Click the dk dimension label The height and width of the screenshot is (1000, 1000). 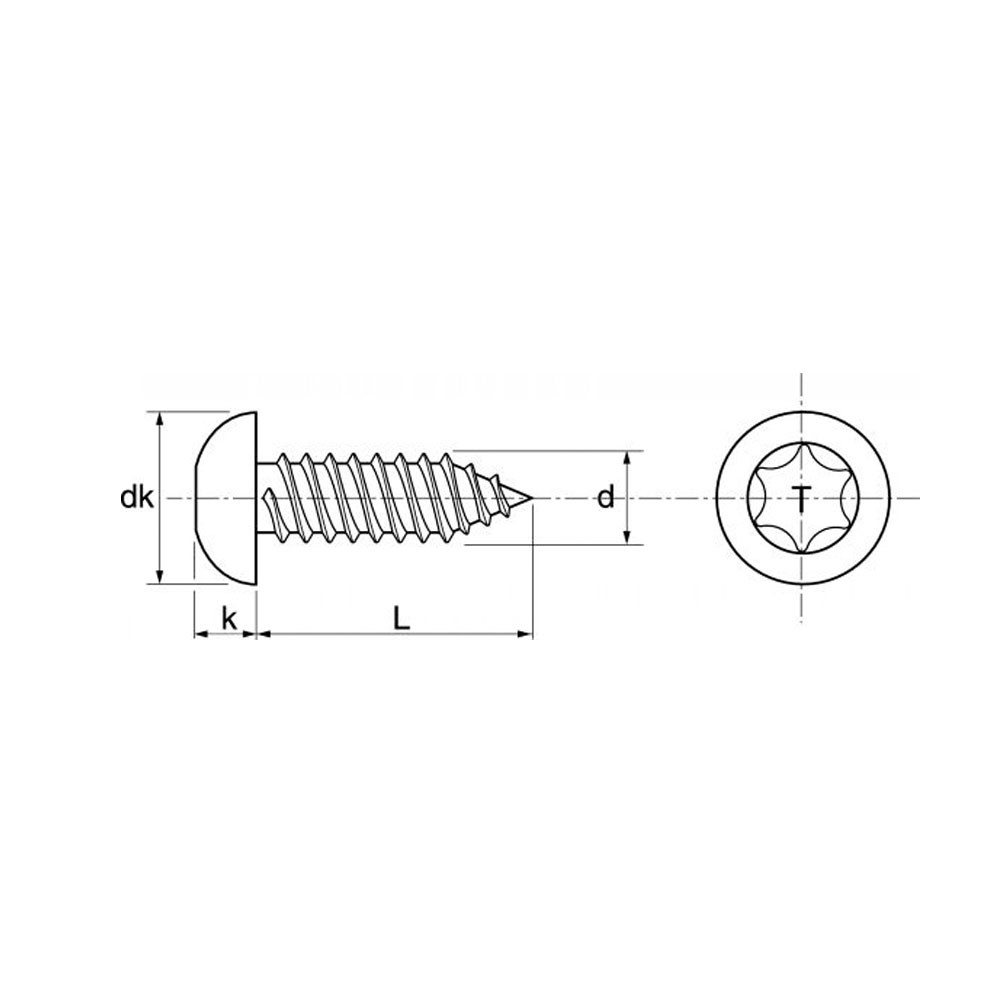136,497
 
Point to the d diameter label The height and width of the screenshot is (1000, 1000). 605,497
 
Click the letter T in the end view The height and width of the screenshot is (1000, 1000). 802,498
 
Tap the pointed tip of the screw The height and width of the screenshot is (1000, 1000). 531,497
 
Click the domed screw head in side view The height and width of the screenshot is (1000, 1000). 225,498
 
